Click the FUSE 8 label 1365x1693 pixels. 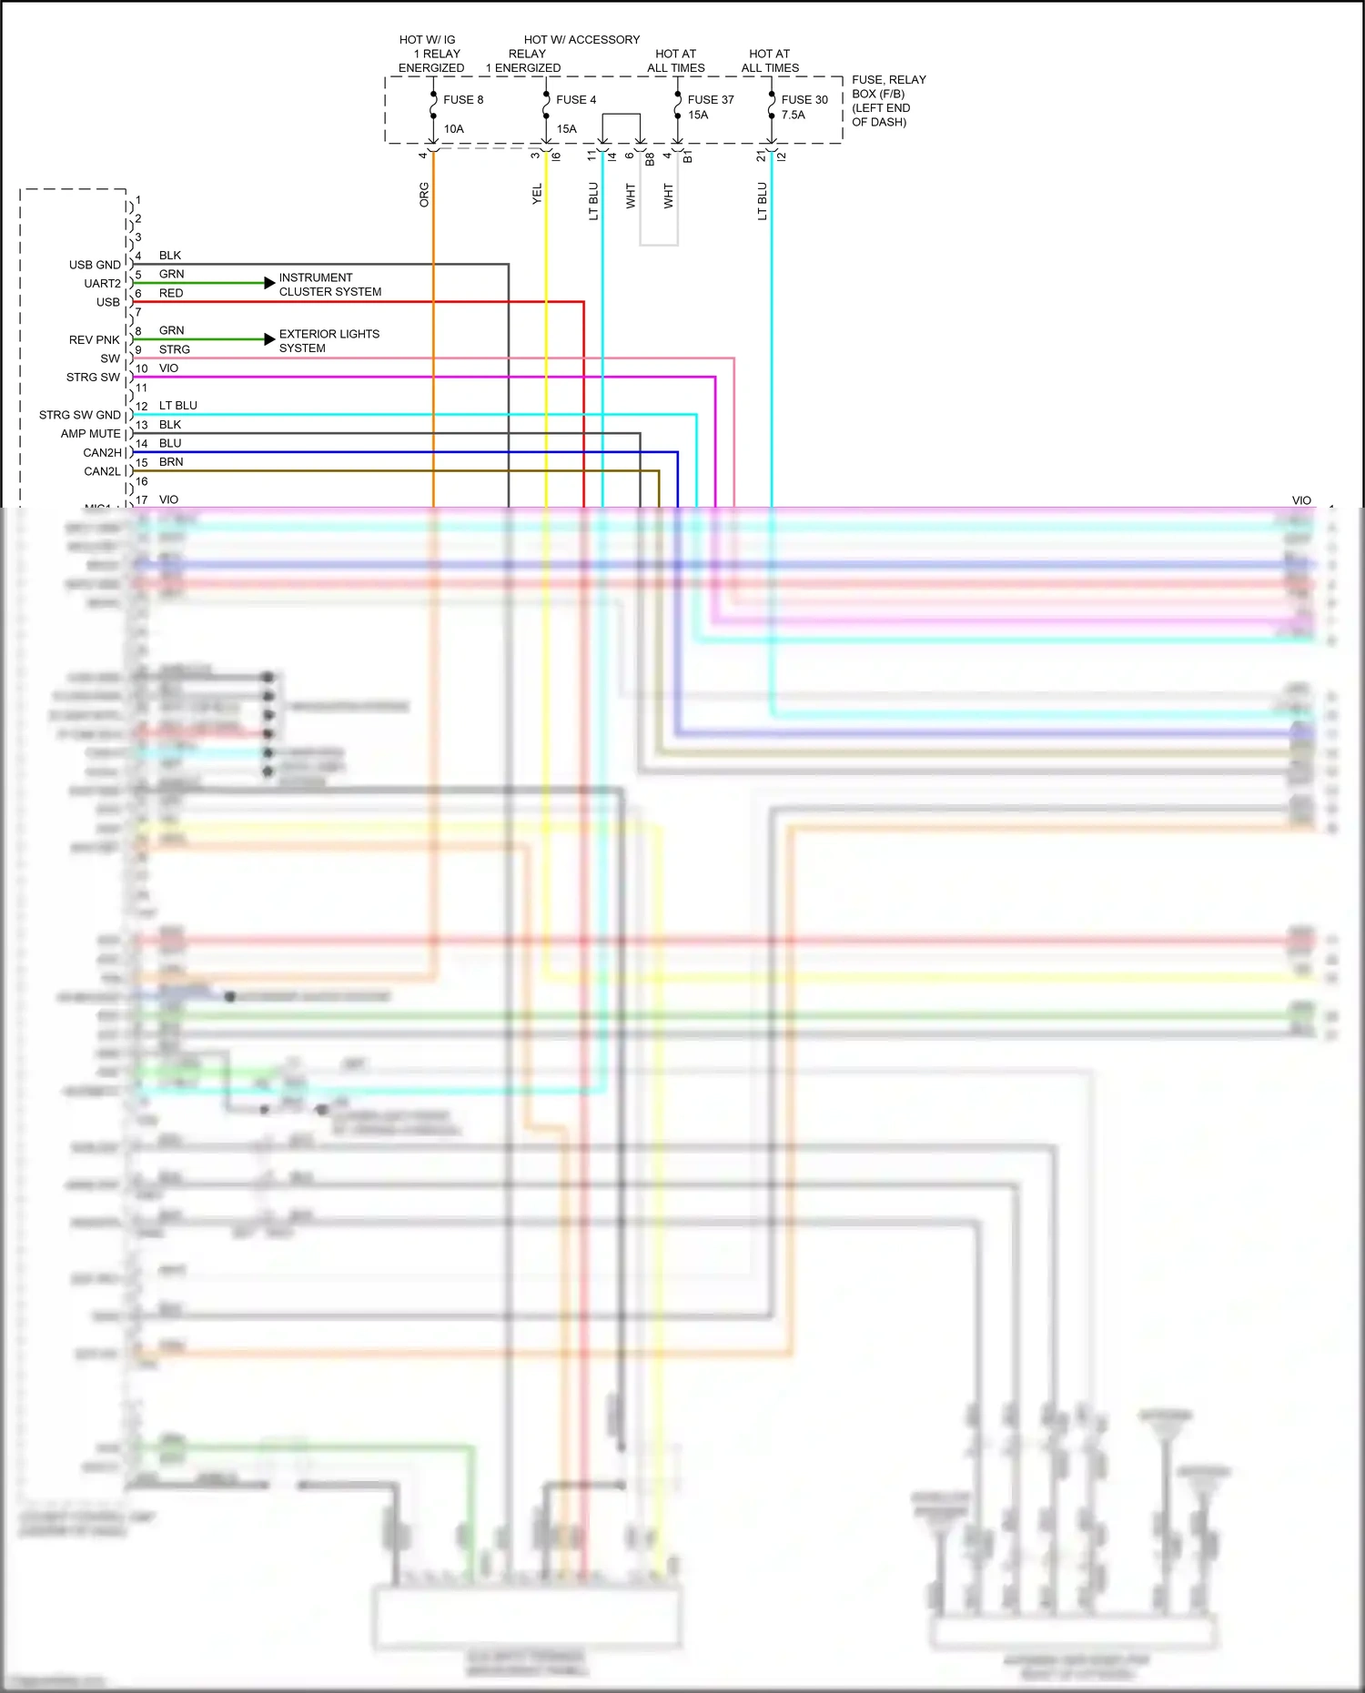click(463, 100)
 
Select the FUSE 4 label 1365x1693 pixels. click(576, 100)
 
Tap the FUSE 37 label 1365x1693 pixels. click(711, 100)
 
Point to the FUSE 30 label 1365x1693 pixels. click(804, 100)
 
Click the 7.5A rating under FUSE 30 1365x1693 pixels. click(793, 116)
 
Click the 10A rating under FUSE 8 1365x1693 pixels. click(454, 129)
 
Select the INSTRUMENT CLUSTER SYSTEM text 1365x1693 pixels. click(330, 285)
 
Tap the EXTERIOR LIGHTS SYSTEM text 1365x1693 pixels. click(329, 341)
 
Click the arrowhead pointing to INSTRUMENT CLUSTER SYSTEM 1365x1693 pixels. click(269, 283)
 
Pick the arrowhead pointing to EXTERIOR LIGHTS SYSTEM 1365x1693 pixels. click(269, 339)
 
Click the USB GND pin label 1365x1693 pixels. click(95, 265)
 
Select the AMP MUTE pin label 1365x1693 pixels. click(90, 434)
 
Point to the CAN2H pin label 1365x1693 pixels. click(102, 453)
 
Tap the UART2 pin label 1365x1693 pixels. click(102, 284)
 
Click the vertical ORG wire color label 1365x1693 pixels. click(424, 195)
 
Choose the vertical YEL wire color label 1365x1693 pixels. click(537, 194)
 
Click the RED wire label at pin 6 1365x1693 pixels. click(171, 293)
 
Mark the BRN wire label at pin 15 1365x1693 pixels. click(171, 462)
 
